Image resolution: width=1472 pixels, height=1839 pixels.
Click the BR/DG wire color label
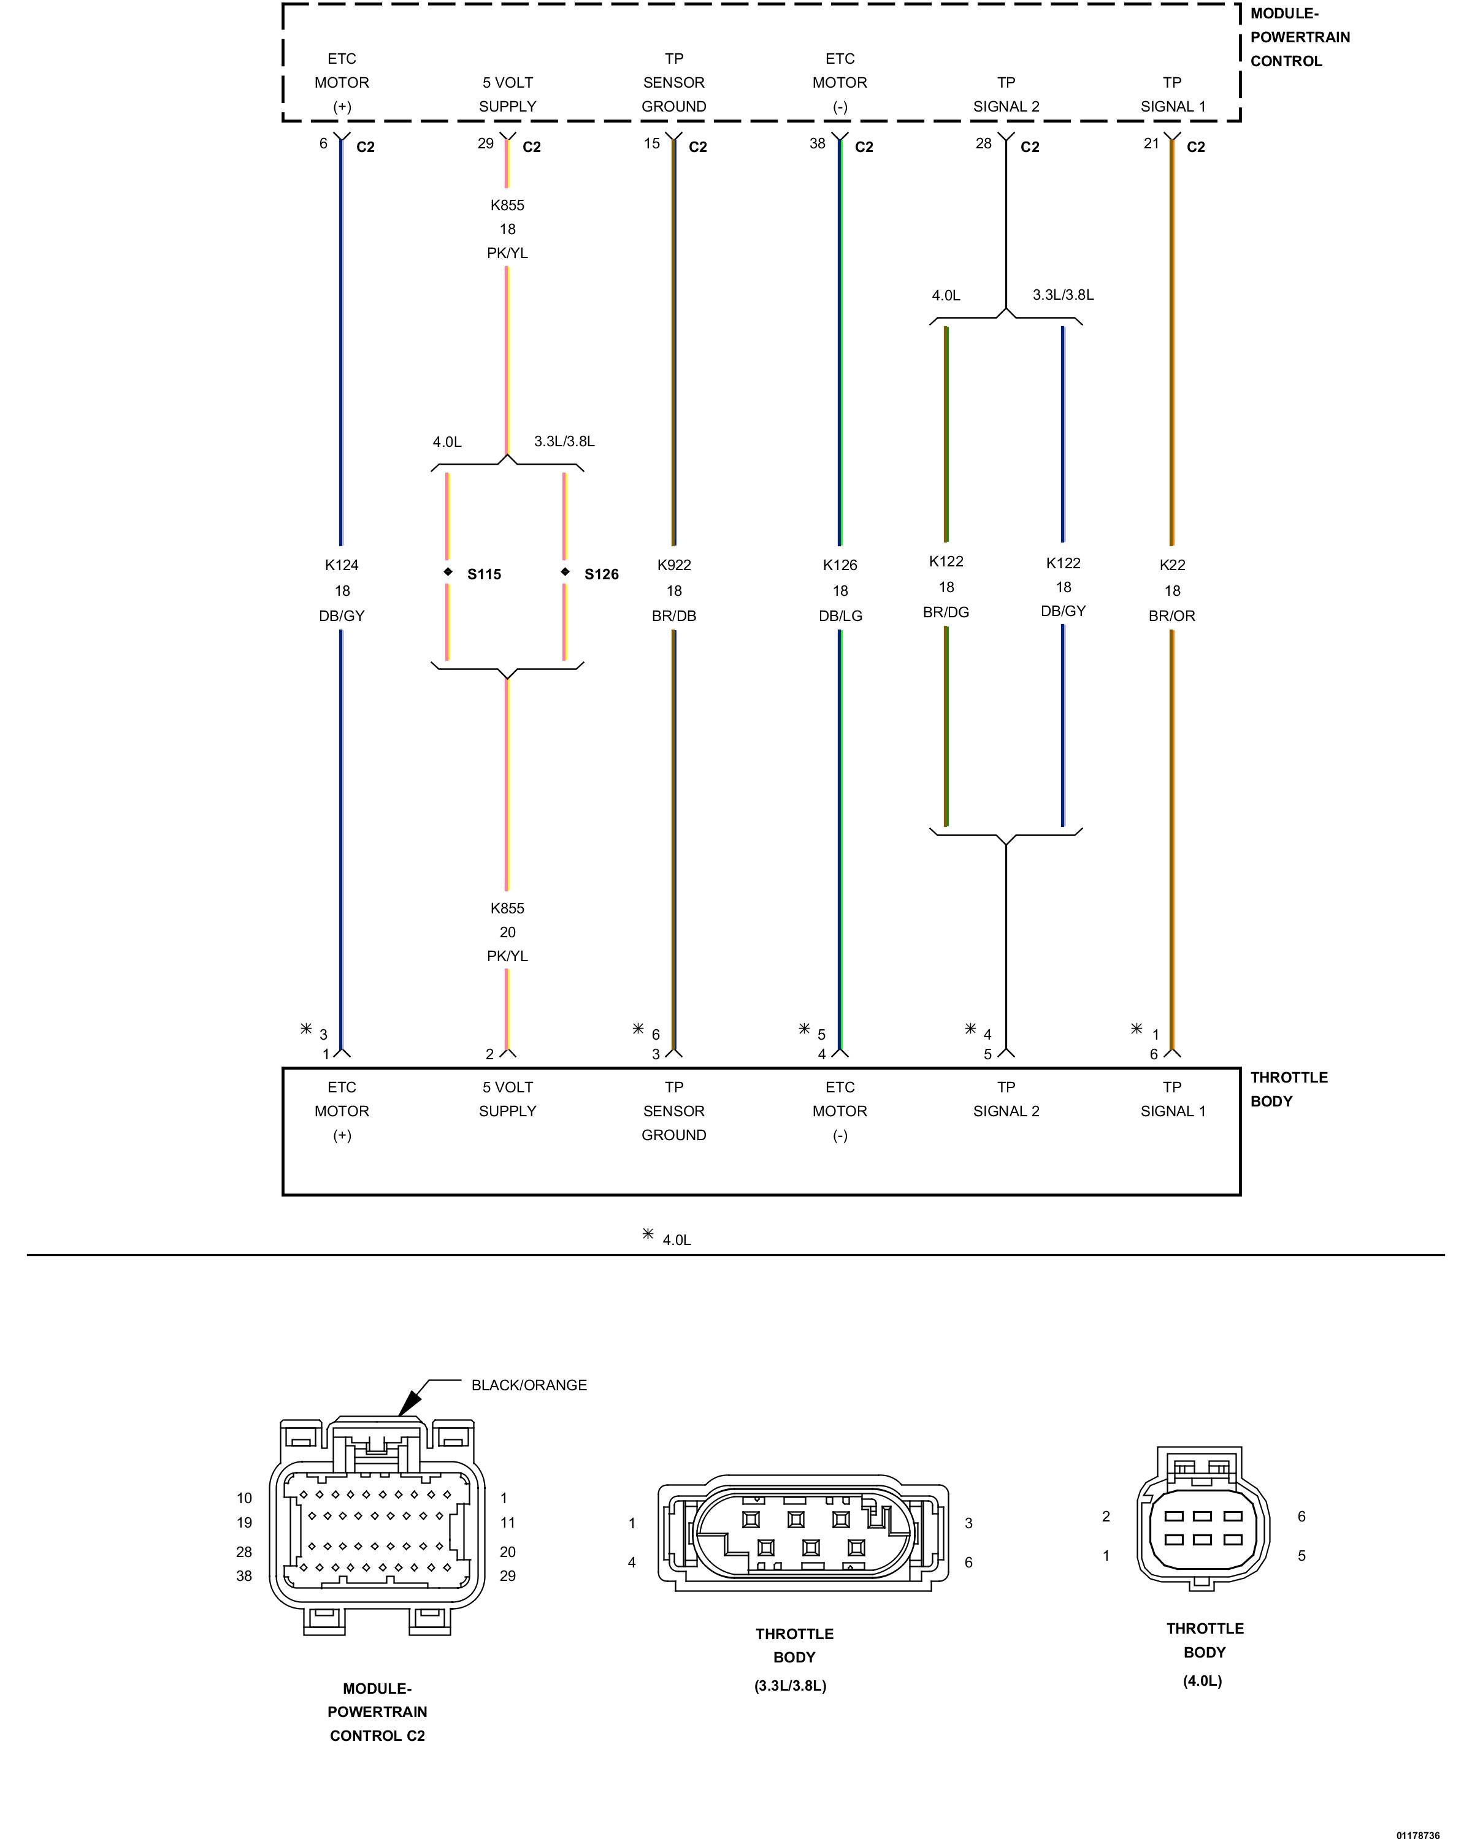point(946,612)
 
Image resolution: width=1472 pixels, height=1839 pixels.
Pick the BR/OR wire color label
point(1171,616)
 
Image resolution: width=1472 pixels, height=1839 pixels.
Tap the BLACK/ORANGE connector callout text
point(529,1385)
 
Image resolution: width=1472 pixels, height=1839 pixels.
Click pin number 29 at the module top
point(486,143)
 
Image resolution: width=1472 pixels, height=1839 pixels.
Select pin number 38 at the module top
point(818,143)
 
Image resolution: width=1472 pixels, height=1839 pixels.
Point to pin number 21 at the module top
point(1151,143)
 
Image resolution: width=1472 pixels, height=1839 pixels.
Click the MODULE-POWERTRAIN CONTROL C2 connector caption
point(377,1712)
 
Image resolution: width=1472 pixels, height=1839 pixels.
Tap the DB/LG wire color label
point(840,616)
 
